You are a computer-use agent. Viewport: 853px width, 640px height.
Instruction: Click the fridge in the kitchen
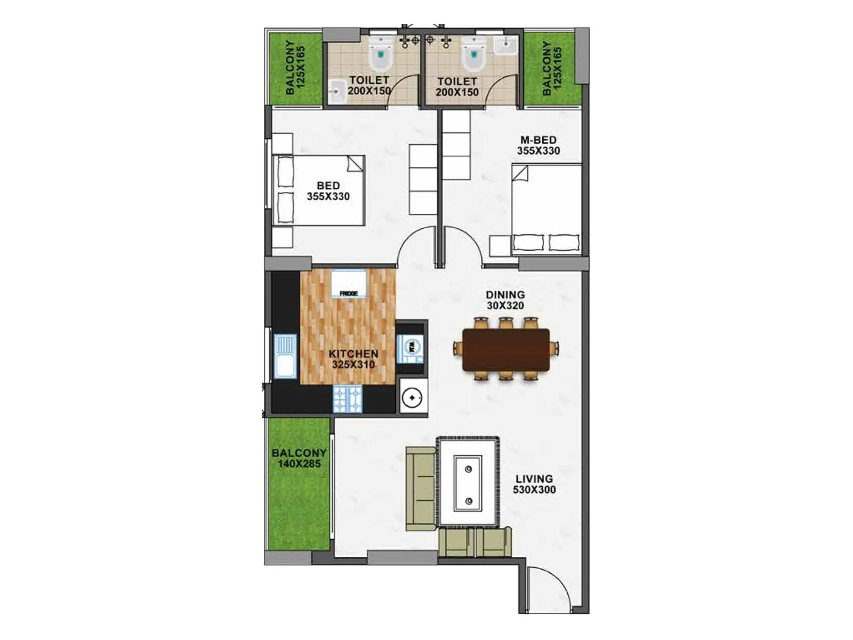pos(349,284)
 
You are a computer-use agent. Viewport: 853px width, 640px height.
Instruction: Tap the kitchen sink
pos(285,356)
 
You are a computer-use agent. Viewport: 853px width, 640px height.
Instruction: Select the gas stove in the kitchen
pos(348,399)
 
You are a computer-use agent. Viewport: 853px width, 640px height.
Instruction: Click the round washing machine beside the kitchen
pos(412,397)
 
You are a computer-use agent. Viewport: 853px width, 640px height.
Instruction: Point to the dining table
pos(506,350)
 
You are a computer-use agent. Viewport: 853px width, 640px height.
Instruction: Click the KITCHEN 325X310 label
pos(353,359)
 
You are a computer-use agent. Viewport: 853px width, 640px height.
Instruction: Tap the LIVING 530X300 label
pos(534,484)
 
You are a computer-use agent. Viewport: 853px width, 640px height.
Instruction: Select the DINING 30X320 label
pos(505,300)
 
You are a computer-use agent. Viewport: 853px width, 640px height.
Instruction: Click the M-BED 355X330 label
pos(538,145)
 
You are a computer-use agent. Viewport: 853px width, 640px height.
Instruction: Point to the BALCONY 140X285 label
pos(299,458)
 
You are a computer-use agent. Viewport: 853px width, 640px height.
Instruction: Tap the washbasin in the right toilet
pos(505,45)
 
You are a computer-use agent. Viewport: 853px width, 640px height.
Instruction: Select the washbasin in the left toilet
pos(336,92)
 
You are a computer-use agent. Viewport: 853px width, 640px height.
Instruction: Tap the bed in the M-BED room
pos(546,208)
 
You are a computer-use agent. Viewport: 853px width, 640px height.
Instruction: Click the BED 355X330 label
pos(328,191)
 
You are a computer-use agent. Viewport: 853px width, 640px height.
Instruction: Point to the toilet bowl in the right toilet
pos(473,56)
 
